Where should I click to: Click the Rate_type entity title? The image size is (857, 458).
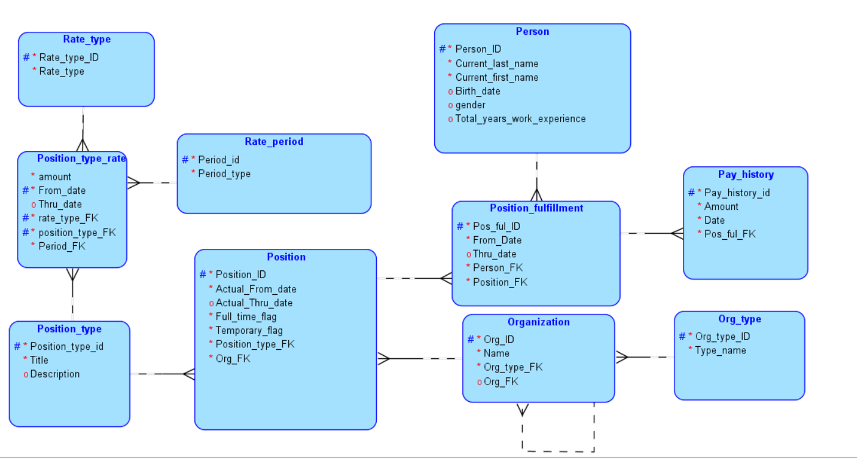[x=87, y=39]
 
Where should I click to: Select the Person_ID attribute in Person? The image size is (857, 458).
[x=478, y=49]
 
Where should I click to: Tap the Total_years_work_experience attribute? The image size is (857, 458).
[x=520, y=119]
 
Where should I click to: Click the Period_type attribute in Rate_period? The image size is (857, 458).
[x=224, y=174]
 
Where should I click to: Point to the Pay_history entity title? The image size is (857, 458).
[x=745, y=174]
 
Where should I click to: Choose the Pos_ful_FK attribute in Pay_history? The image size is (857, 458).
[x=729, y=234]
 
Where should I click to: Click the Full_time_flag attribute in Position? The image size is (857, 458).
[x=246, y=317]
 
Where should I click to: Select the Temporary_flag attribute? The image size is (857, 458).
[x=249, y=331]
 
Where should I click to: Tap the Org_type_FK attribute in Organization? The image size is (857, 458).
[x=512, y=367]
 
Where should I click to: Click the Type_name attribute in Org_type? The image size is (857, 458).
[x=720, y=350]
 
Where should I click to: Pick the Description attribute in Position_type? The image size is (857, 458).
[x=55, y=374]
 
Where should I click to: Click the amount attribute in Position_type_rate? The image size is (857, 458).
[x=54, y=177]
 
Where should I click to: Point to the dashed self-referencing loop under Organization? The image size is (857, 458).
[x=558, y=451]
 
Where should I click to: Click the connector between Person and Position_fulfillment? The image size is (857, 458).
[x=536, y=177]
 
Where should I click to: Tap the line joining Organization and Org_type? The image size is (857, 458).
[x=644, y=357]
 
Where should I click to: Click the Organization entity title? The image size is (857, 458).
[x=538, y=322]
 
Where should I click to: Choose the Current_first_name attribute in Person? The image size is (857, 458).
[x=497, y=77]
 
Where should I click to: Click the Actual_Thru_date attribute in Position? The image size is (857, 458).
[x=253, y=303]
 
